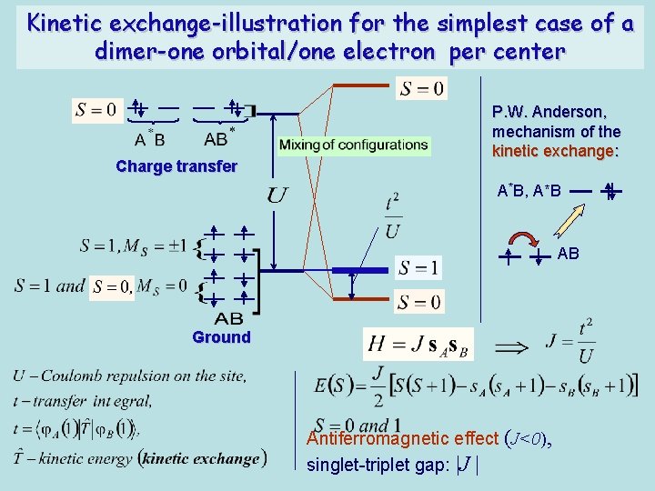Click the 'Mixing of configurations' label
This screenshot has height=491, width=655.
point(353,145)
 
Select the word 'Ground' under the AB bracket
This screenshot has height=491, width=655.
point(221,337)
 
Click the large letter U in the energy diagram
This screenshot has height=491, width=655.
point(278,195)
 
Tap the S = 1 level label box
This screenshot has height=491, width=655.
point(419,268)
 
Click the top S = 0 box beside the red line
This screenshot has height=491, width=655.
point(422,88)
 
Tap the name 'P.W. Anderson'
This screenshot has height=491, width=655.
point(549,112)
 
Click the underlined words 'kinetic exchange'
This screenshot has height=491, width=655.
point(554,150)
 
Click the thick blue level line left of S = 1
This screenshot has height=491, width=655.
point(359,270)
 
